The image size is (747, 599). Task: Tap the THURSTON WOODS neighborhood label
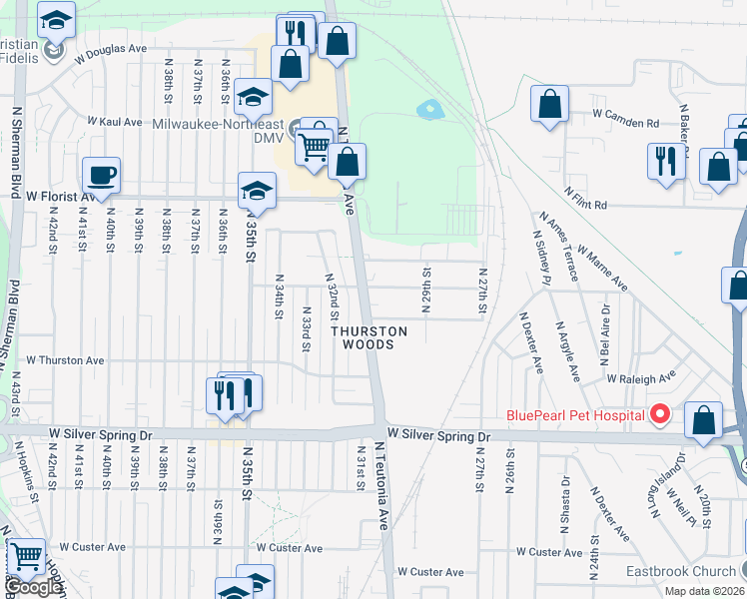click(x=370, y=337)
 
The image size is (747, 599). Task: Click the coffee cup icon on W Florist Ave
click(x=102, y=176)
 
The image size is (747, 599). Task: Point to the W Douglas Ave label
click(x=110, y=48)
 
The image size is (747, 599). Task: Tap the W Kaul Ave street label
click(x=115, y=121)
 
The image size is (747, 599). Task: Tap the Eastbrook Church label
click(x=680, y=572)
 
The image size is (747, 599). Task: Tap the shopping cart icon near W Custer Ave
click(x=26, y=556)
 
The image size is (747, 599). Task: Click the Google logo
click(x=33, y=587)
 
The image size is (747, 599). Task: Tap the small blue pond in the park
click(x=430, y=108)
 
